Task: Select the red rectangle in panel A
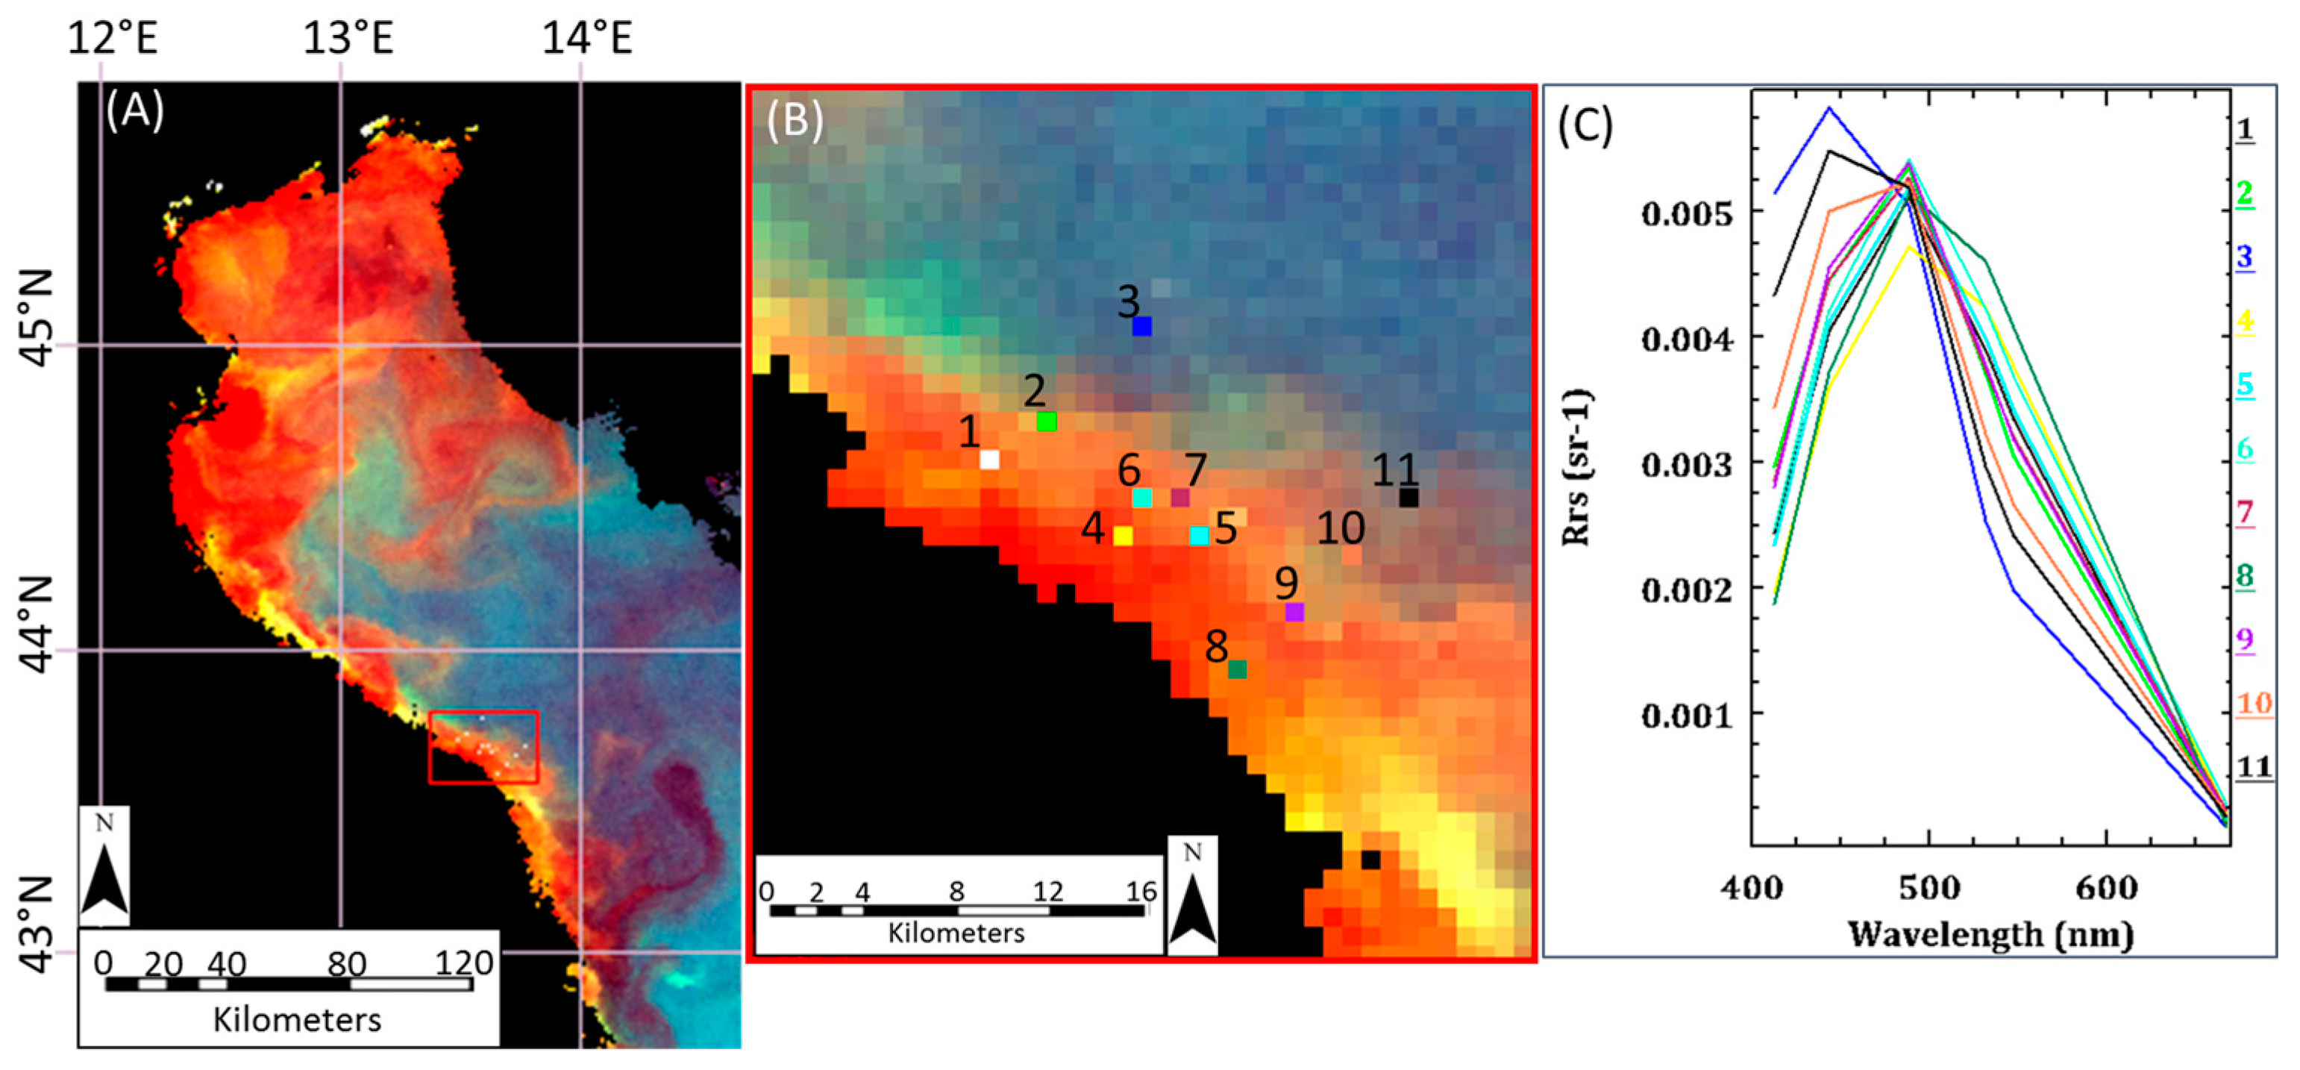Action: click(x=483, y=747)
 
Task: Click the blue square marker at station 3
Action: click(x=1142, y=326)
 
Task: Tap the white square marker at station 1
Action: click(x=989, y=460)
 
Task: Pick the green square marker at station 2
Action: click(x=1047, y=421)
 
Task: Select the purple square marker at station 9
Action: click(x=1294, y=613)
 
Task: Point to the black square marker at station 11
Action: click(x=1408, y=498)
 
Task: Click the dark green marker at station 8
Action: click(x=1237, y=669)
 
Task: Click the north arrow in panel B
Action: click(x=1192, y=898)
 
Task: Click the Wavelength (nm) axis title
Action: click(x=1990, y=935)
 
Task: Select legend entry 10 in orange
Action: click(x=2254, y=704)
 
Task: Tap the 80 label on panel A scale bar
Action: click(x=346, y=965)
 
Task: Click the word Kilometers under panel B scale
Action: click(x=956, y=933)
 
